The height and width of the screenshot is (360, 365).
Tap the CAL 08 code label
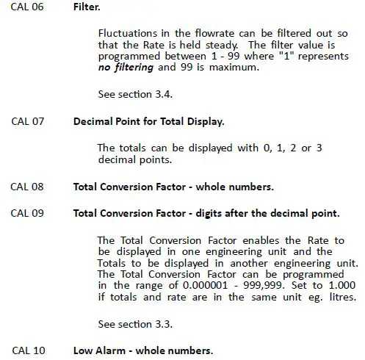[27, 187]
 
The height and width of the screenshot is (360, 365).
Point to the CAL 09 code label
[27, 214]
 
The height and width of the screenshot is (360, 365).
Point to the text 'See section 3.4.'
[133, 94]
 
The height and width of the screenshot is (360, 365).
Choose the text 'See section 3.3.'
[133, 323]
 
